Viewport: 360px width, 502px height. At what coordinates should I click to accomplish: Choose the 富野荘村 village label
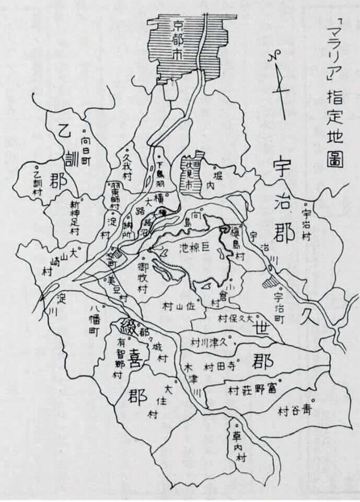[x=252, y=390]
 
